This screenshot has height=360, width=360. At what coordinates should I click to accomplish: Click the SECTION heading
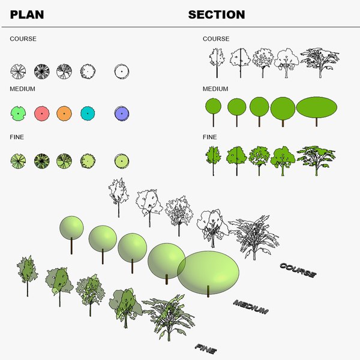pyautogui.click(x=217, y=14)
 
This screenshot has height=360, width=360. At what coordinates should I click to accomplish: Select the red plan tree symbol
pyautogui.click(x=41, y=113)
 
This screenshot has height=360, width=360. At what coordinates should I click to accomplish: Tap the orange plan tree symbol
pyautogui.click(x=64, y=113)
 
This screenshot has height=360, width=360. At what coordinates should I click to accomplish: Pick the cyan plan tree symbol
pyautogui.click(x=88, y=113)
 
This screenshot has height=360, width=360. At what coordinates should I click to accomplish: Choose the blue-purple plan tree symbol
pyautogui.click(x=122, y=113)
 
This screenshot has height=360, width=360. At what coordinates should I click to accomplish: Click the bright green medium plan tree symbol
pyautogui.click(x=18, y=113)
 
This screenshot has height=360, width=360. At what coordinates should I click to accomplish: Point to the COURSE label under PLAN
pyautogui.click(x=23, y=39)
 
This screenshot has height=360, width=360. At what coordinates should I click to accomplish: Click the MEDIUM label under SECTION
pyautogui.click(x=216, y=89)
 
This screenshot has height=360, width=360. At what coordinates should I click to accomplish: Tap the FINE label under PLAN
pyautogui.click(x=17, y=137)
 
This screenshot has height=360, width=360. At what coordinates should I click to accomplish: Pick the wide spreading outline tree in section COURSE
pyautogui.click(x=319, y=61)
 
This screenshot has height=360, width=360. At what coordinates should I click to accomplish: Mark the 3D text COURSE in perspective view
pyautogui.click(x=298, y=270)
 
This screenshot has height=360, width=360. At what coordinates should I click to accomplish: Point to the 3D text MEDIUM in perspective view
pyautogui.click(x=250, y=307)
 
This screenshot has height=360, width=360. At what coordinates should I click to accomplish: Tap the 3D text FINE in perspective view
pyautogui.click(x=205, y=347)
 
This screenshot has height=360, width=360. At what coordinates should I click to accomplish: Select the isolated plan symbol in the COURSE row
pyautogui.click(x=122, y=71)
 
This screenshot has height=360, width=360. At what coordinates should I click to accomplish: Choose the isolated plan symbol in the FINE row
pyautogui.click(x=122, y=160)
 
